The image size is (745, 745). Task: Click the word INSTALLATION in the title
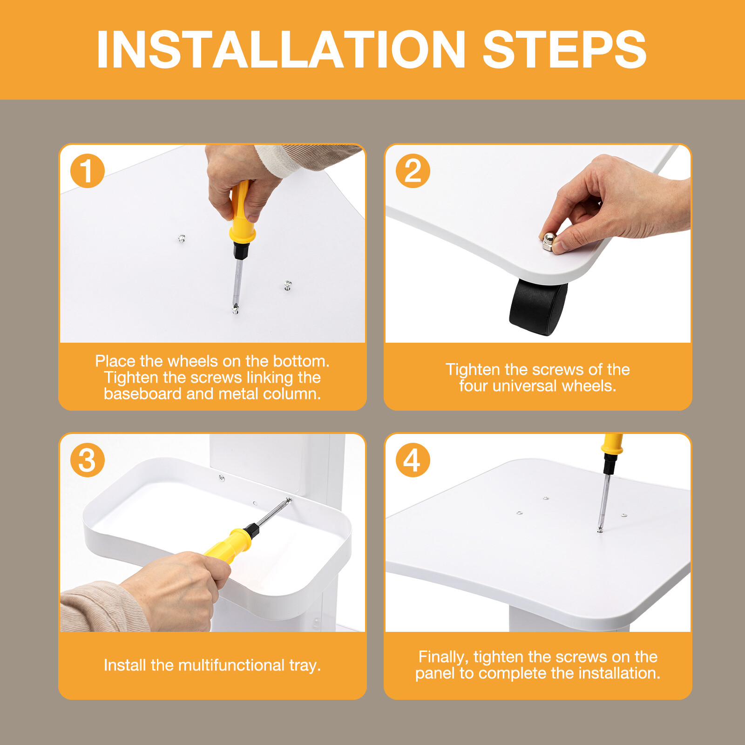(281, 49)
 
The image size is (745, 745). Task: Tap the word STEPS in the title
(564, 49)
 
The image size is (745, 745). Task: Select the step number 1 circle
(87, 171)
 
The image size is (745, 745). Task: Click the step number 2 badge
(413, 171)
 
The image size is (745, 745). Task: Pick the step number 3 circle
(87, 460)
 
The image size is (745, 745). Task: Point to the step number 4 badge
(413, 460)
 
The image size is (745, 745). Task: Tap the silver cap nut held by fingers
(549, 241)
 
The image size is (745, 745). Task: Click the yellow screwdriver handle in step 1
(243, 212)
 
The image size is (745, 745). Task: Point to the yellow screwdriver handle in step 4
(612, 443)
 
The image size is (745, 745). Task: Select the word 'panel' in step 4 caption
(435, 674)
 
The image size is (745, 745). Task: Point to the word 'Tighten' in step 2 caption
(473, 370)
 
